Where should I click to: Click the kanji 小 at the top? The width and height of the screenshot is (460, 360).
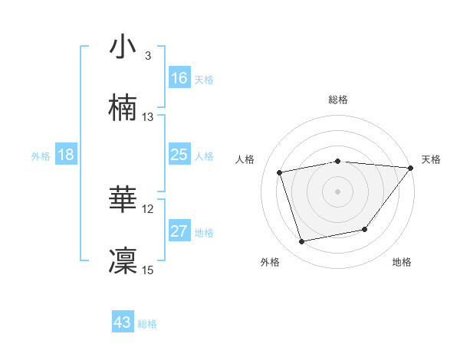tap(123, 47)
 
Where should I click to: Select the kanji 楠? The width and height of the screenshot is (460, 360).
tap(123, 107)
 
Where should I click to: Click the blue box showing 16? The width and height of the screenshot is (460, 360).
tap(179, 77)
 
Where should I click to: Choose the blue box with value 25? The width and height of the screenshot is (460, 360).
tap(179, 155)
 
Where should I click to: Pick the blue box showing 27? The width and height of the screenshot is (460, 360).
tap(179, 231)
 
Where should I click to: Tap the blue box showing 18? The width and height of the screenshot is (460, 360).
tap(66, 155)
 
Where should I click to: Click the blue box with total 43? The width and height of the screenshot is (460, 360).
tap(123, 322)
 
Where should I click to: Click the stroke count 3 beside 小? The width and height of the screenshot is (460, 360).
tap(147, 56)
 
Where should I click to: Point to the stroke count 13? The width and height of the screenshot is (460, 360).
tap(148, 117)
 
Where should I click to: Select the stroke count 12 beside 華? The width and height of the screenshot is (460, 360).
tap(148, 208)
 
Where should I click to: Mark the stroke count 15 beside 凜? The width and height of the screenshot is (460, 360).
tap(148, 270)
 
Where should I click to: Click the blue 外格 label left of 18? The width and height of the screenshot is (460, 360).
tap(41, 155)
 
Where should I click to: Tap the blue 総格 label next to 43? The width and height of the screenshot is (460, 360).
tap(147, 323)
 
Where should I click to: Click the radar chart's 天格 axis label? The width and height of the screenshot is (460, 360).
tap(431, 159)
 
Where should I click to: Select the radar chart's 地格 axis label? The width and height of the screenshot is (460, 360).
tap(402, 262)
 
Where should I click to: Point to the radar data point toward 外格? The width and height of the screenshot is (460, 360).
tap(302, 242)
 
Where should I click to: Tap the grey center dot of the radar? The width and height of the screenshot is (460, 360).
tap(338, 191)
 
